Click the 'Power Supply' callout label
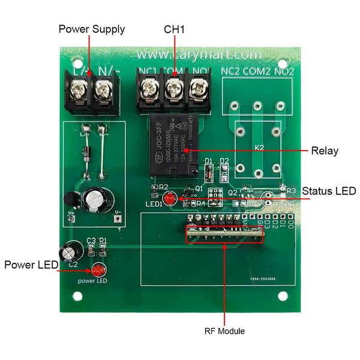coord(92,29)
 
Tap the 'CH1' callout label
coord(175,29)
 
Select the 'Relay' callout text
coord(325,151)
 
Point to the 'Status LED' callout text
coord(329,191)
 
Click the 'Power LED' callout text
coord(31,265)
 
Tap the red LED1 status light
coord(170,199)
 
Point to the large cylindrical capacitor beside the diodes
coord(95,200)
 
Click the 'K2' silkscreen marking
coord(259,148)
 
